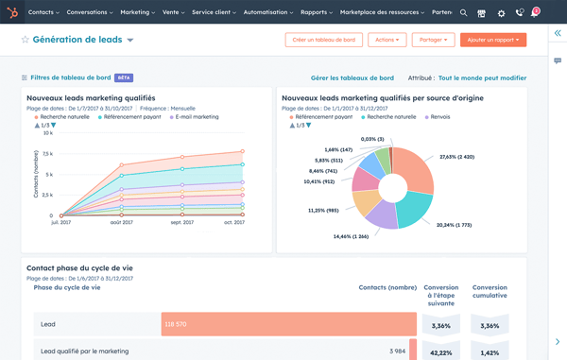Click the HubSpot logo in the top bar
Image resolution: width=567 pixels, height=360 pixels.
(x=12, y=12)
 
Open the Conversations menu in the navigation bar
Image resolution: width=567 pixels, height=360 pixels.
(x=90, y=12)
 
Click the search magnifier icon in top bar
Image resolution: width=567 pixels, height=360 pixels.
(x=463, y=13)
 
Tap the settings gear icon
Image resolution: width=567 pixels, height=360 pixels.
(x=501, y=13)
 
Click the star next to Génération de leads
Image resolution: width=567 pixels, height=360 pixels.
(x=25, y=41)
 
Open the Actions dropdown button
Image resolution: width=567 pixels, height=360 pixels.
(x=387, y=40)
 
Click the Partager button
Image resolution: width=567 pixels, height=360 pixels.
(x=433, y=40)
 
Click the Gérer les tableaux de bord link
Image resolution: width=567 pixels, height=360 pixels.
(x=352, y=78)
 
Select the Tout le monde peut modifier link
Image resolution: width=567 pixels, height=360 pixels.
(x=482, y=78)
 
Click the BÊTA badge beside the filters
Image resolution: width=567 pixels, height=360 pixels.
(x=124, y=78)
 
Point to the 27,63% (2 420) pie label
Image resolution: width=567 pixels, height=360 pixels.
(x=457, y=157)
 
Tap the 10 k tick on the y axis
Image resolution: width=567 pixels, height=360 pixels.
(x=47, y=133)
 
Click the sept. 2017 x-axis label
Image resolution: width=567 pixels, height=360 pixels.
(x=181, y=222)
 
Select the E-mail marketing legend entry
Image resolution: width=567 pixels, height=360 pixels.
(x=196, y=117)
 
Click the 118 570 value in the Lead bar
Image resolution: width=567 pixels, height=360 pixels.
(x=175, y=324)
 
